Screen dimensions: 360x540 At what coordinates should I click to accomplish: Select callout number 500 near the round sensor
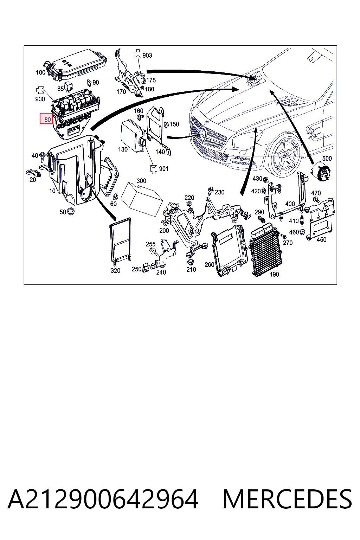327,159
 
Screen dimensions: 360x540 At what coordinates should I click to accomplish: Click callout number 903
147,56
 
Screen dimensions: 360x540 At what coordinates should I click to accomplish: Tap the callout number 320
115,270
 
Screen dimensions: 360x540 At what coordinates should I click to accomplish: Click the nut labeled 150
166,124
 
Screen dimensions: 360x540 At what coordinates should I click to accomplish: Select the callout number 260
209,264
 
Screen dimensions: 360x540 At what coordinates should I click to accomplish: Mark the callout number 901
163,169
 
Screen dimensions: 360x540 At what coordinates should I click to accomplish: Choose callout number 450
321,239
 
